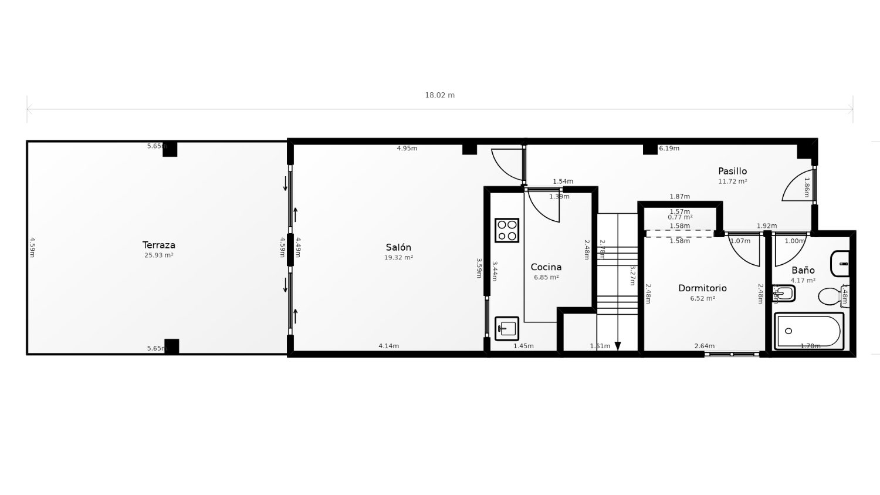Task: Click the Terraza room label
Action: point(158,245)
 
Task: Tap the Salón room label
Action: point(398,247)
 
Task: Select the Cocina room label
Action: point(546,267)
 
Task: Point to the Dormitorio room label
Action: point(702,288)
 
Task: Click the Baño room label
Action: point(803,270)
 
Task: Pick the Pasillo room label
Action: point(732,171)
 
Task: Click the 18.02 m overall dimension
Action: point(439,95)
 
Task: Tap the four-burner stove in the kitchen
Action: point(507,230)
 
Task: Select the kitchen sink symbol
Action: point(507,328)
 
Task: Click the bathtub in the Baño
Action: point(808,331)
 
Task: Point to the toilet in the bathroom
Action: point(830,296)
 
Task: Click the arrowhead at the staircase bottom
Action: point(618,346)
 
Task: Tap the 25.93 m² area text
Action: point(158,255)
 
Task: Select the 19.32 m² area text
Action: point(398,258)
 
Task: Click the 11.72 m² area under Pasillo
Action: point(732,182)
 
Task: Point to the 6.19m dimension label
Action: point(669,149)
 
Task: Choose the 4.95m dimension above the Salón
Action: point(407,149)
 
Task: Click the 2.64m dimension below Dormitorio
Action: point(704,346)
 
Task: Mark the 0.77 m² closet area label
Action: point(680,217)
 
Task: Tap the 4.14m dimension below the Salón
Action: point(388,346)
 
